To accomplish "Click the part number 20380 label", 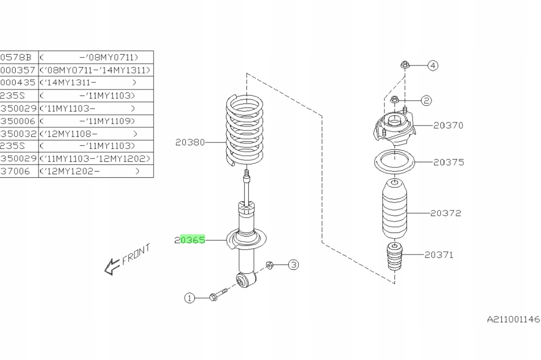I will (190, 143).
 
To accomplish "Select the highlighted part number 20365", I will (190, 240).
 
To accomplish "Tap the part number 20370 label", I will (448, 125).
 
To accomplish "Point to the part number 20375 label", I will (448, 162).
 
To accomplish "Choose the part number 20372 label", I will (446, 213).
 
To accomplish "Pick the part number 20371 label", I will (439, 254).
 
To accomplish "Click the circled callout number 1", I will (189, 298).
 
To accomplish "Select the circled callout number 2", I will (426, 100).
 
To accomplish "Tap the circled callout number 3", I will (294, 265).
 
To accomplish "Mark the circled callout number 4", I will (432, 66).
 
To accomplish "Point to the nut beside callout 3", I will (270, 265).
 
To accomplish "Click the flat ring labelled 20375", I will (394, 163).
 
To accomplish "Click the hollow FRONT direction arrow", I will (112, 266).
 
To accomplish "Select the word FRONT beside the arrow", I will (137, 255).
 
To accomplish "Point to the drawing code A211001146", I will (512, 319).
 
